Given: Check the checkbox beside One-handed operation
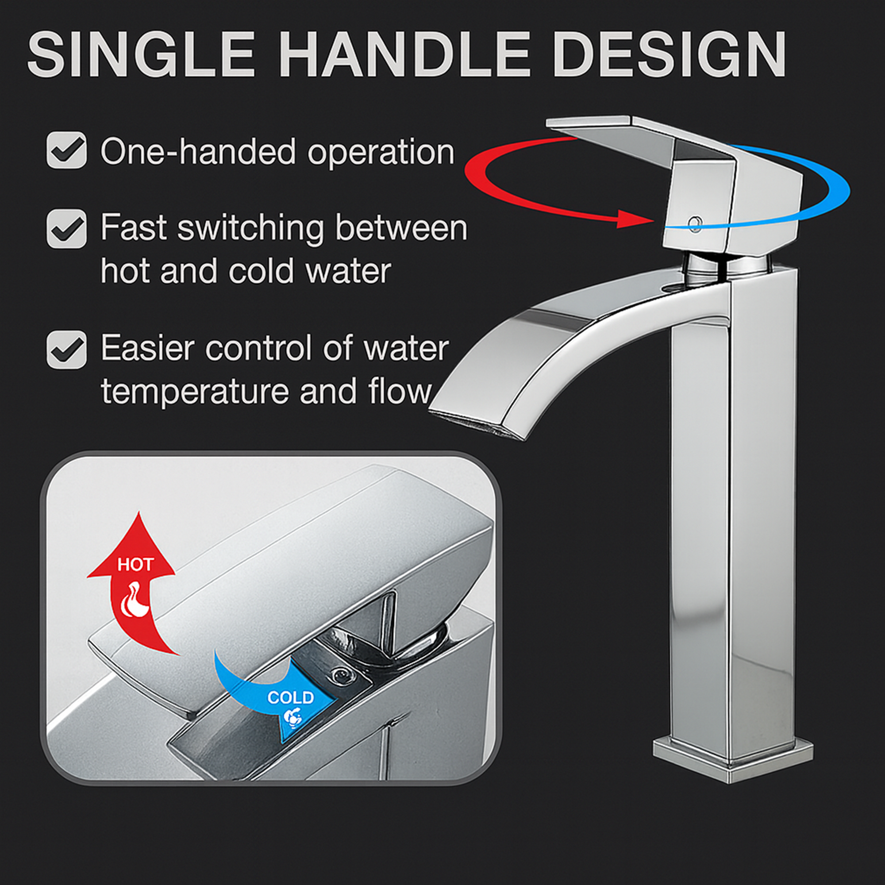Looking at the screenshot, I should (x=67, y=150).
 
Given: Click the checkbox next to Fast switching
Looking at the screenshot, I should (x=67, y=229).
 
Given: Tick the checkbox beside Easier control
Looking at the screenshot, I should (x=67, y=350).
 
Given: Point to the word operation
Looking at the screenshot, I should (x=381, y=153).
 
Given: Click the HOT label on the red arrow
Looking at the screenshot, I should (x=135, y=565).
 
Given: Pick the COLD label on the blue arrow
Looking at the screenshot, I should (x=290, y=697).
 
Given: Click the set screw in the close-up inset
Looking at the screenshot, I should (x=340, y=675).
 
